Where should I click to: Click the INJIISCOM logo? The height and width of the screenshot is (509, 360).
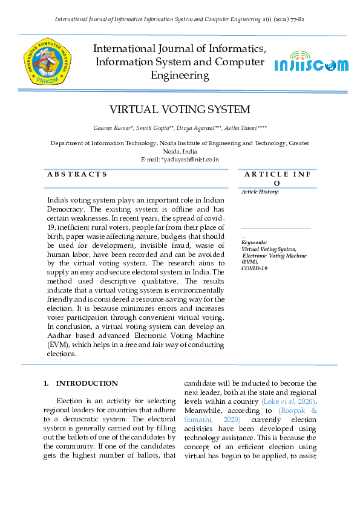click(x=311, y=65)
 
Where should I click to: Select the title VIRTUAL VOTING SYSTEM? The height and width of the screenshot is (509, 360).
click(x=179, y=109)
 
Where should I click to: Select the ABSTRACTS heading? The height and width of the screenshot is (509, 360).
click(x=77, y=174)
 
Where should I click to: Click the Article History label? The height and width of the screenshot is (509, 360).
click(x=260, y=192)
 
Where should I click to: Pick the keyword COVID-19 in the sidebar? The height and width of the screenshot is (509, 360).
click(x=255, y=268)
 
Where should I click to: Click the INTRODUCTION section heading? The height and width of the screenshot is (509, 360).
click(x=87, y=383)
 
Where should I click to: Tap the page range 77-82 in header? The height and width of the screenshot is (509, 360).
click(x=296, y=19)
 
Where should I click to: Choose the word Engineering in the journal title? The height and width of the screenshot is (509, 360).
click(x=180, y=76)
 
